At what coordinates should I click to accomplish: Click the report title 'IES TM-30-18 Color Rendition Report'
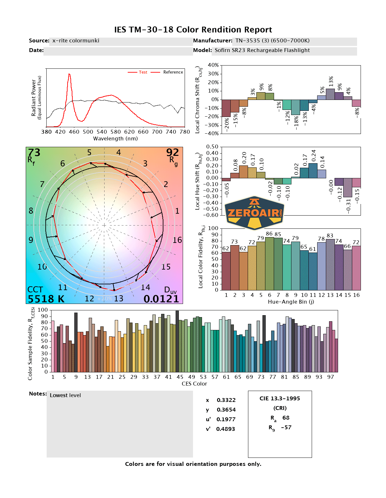tap(193, 30)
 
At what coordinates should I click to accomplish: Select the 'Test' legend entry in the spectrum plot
tap(143, 72)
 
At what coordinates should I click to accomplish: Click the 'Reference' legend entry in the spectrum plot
tap(173, 72)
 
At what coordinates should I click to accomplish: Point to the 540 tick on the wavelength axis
tap(102, 132)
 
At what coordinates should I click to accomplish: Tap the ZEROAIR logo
tap(254, 213)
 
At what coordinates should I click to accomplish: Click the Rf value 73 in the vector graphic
tap(34, 153)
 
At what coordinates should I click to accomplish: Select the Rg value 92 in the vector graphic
tap(172, 153)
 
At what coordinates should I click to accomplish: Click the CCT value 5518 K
tap(46, 299)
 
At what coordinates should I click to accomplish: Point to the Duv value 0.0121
tap(161, 299)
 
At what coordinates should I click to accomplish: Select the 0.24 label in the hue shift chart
tap(314, 156)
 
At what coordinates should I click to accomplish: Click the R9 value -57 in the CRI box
tap(286, 427)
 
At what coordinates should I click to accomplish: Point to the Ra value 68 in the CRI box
tap(286, 418)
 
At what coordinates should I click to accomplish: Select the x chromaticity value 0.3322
tap(226, 400)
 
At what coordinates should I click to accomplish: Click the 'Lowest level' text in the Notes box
tap(65, 396)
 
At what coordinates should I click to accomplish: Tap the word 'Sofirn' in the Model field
tap(222, 50)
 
